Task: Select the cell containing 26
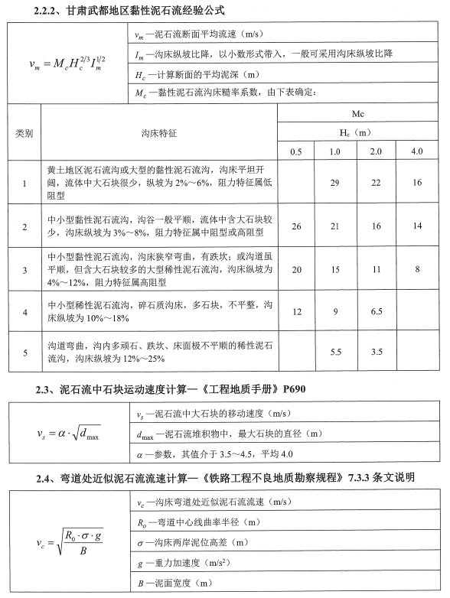pos(296,226)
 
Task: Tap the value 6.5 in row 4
pos(376,312)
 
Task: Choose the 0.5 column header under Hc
pos(296,151)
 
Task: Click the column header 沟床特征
pos(158,132)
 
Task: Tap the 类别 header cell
pos(24,132)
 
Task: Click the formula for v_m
pos(65,62)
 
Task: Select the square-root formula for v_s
pos(68,434)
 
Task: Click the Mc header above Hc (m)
pos(356,113)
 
